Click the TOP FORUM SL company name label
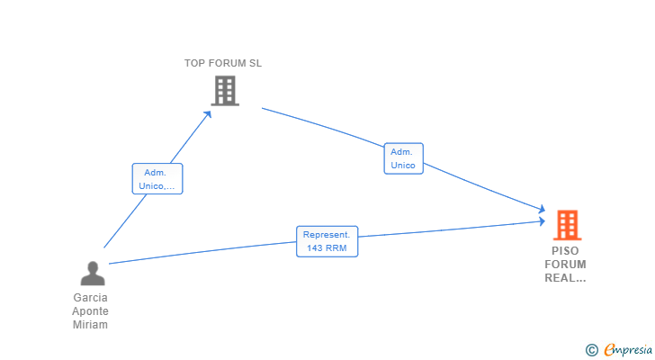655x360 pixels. point(223,64)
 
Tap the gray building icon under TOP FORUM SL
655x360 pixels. point(225,91)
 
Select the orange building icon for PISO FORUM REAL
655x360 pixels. point(567,225)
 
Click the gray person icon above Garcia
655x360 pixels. point(93,274)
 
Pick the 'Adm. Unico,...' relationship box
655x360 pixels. point(157,179)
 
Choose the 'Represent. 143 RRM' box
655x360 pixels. point(327,241)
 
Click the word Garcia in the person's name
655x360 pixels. point(90,298)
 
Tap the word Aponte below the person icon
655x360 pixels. point(90,311)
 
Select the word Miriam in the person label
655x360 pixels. point(90,325)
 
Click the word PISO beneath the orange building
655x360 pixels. point(565,251)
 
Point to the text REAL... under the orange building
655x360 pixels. point(565,278)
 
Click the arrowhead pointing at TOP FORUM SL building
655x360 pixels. point(208,114)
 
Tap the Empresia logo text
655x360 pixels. point(628,349)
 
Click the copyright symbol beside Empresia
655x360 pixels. point(592,350)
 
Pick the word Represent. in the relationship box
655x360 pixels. point(327,235)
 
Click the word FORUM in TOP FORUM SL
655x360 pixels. point(227,64)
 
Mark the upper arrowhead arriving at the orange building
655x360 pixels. point(542,209)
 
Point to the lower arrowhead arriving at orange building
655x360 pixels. point(542,221)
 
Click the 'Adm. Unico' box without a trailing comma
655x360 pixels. point(403,158)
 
